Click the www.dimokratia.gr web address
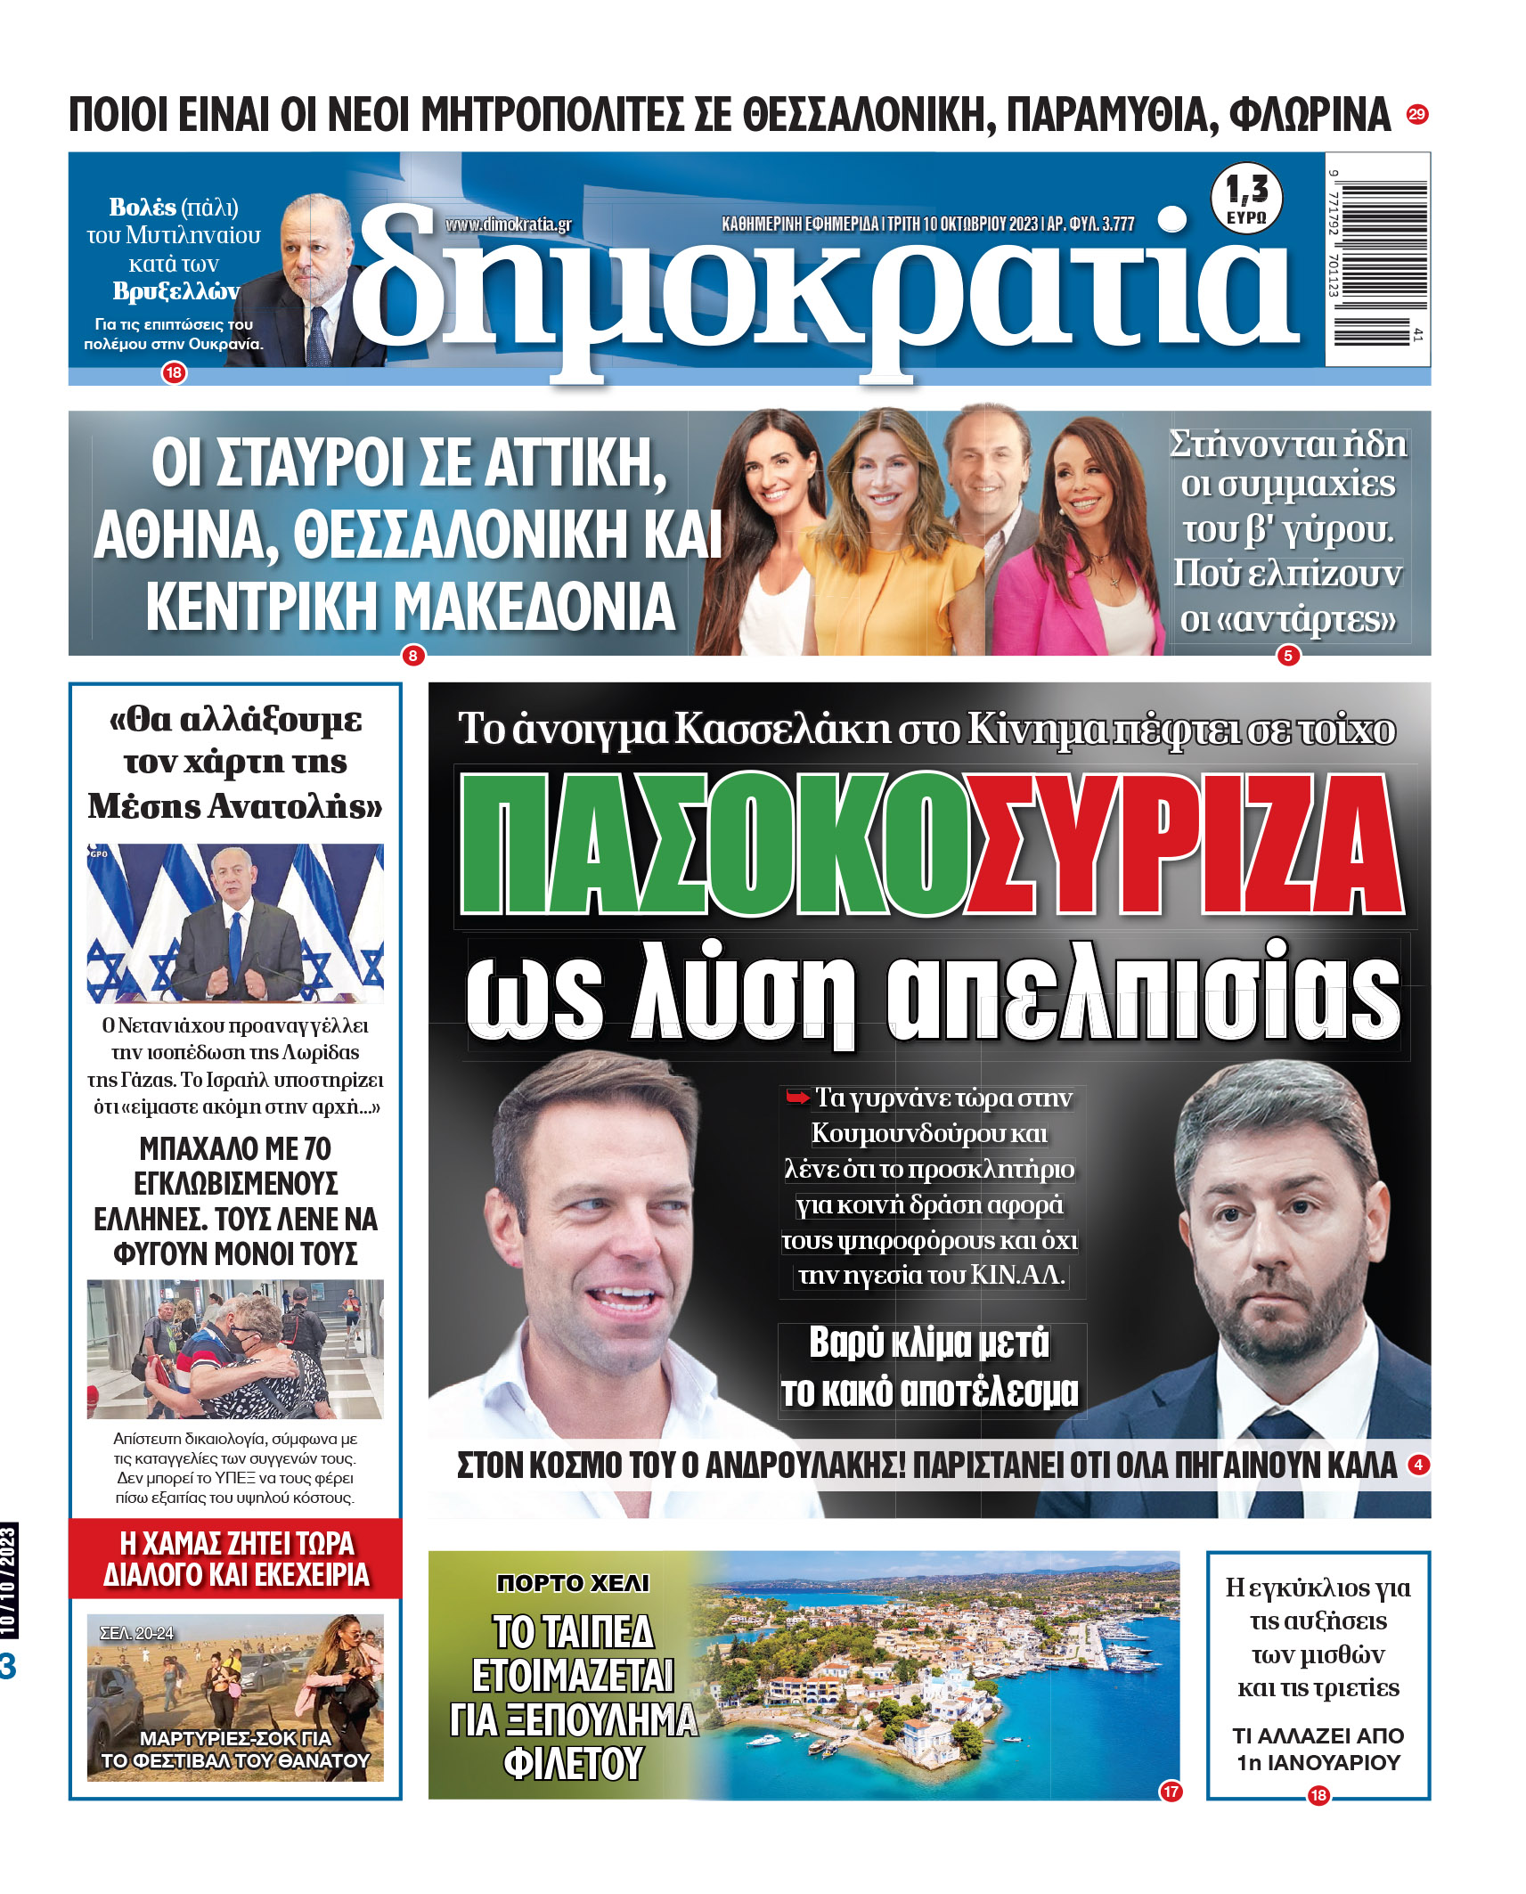point(508,225)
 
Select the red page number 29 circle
point(1416,114)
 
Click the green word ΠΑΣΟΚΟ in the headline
point(713,844)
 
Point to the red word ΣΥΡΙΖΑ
point(1185,844)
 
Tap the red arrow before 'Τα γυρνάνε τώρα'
point(797,1098)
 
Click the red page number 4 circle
point(1417,1464)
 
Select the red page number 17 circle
point(1171,1791)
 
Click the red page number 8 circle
point(412,657)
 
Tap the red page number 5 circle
point(1287,657)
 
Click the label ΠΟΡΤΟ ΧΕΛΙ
point(573,1583)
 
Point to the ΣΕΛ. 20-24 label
point(136,1633)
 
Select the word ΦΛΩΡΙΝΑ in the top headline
point(1310,115)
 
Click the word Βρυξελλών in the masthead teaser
point(175,291)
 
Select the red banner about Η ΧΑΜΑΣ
point(235,1559)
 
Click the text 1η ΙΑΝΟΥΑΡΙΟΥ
point(1318,1762)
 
